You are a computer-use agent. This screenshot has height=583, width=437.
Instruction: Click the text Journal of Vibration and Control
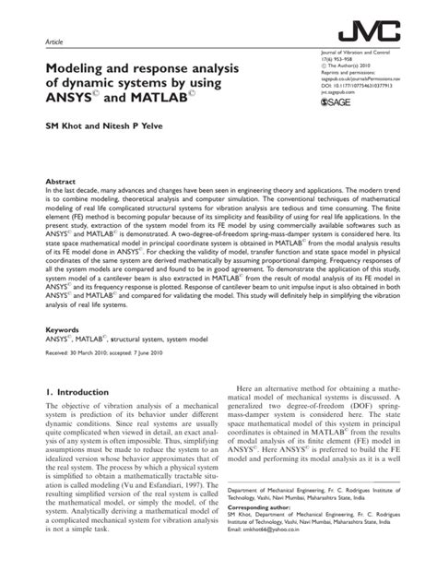point(363,54)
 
